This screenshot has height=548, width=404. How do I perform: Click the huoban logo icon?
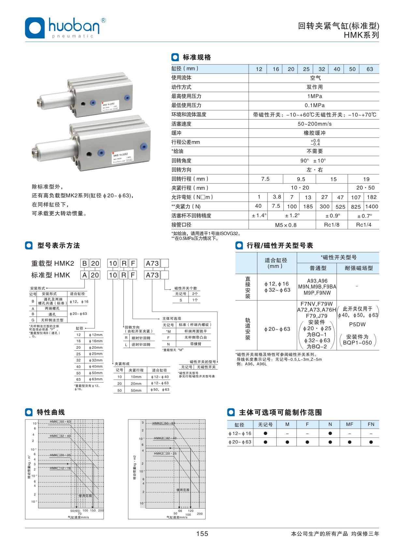(35, 28)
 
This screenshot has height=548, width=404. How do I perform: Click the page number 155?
(202, 533)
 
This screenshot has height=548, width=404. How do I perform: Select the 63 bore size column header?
(370, 69)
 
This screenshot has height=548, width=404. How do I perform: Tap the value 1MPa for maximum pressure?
(314, 96)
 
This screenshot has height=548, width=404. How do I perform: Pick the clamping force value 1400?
(372, 206)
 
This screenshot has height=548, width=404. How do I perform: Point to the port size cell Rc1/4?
(364, 225)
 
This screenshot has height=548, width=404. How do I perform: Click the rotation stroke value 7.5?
(266, 179)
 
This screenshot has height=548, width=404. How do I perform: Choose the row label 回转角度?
(181, 161)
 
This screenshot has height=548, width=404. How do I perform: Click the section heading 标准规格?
(197, 57)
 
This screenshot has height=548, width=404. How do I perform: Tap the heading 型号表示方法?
(59, 246)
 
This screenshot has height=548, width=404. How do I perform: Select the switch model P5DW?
(357, 324)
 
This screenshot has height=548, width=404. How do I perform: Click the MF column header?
(350, 424)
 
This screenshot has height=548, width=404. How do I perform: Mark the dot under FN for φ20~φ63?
(371, 442)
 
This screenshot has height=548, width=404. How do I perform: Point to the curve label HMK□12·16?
(60, 468)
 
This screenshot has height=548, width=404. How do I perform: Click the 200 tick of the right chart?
(200, 513)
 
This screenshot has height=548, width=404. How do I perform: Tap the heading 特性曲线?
(51, 412)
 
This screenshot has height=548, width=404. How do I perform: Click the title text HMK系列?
(361, 35)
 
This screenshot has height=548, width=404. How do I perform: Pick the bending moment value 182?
(372, 197)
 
